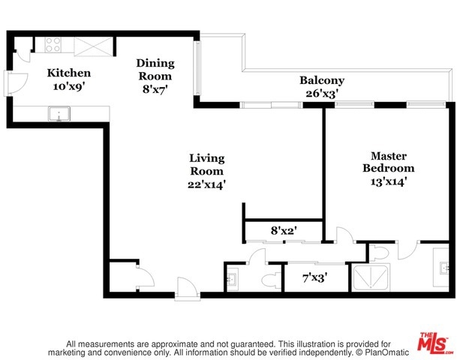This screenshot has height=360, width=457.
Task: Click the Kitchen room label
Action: (69, 73)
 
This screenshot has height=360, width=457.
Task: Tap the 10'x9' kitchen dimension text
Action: (69, 86)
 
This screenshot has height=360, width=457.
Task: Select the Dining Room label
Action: (155, 69)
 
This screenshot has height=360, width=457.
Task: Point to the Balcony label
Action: (322, 80)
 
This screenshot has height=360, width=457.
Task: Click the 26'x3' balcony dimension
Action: (322, 94)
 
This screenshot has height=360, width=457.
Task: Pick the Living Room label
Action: (207, 164)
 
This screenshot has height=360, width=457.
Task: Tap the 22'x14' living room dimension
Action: (207, 184)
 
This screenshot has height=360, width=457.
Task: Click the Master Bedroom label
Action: (389, 162)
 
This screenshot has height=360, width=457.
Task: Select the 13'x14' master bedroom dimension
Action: (389, 182)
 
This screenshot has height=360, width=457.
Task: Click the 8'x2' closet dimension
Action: (284, 231)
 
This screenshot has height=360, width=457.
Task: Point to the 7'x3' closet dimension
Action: (315, 277)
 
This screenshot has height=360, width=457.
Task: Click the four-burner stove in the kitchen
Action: (53, 45)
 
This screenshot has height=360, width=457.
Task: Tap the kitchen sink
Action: (59, 114)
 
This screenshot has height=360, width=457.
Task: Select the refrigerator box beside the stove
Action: (93, 46)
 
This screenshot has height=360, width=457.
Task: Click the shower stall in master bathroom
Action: (371, 277)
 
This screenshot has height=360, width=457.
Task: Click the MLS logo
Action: (434, 342)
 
